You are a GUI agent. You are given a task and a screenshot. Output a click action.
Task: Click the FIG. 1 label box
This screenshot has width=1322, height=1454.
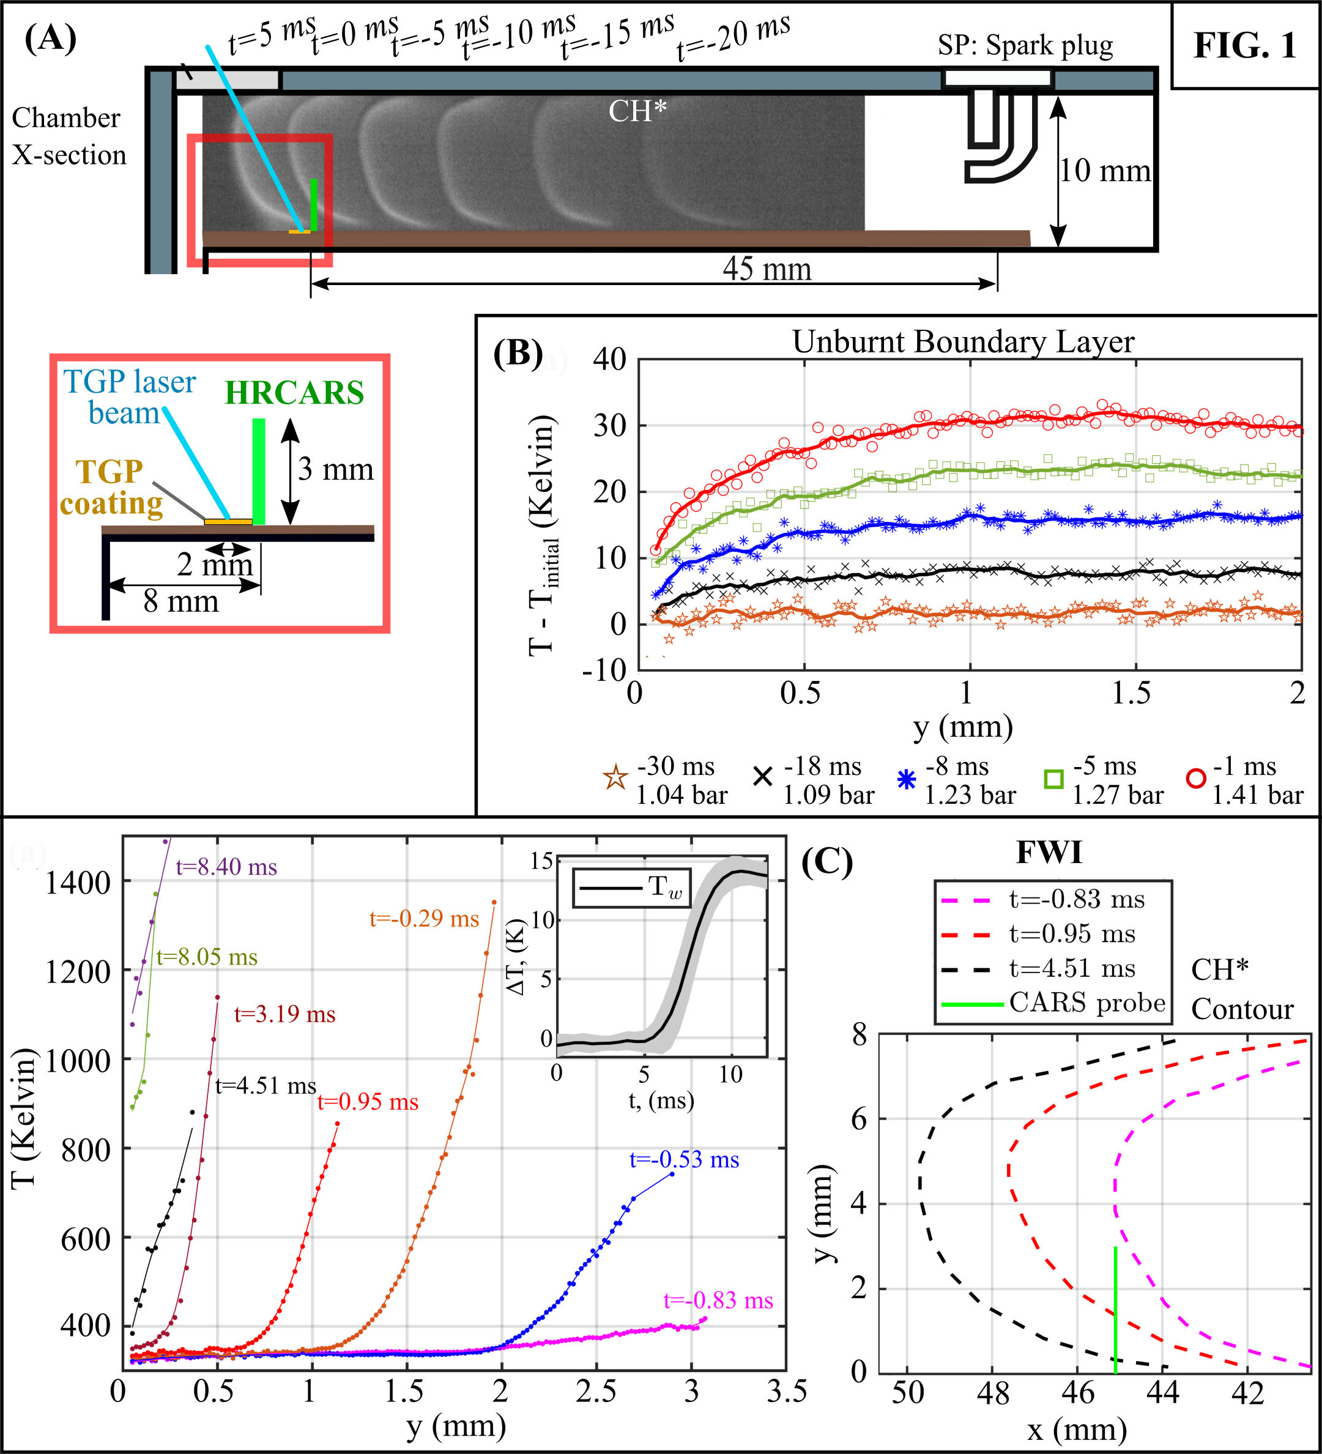[x=1245, y=45]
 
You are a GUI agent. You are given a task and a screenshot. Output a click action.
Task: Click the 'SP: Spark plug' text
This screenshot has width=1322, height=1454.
[x=1025, y=45]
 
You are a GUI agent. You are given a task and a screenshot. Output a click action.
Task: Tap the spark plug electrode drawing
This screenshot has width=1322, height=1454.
[x=998, y=133]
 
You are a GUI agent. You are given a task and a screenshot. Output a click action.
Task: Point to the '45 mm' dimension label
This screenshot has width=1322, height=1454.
[x=767, y=269]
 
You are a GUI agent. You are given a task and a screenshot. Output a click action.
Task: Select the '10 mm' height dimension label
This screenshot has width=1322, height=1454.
[x=1104, y=171]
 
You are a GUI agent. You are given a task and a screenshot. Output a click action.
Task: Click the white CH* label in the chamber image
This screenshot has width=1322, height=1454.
[x=637, y=111]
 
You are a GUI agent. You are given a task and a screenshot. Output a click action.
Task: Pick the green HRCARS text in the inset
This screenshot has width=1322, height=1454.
[x=294, y=393]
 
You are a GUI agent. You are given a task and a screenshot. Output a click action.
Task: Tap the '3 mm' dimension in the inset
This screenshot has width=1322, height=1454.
[x=336, y=470]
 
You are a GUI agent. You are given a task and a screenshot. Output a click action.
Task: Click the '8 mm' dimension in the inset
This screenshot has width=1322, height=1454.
[x=180, y=601]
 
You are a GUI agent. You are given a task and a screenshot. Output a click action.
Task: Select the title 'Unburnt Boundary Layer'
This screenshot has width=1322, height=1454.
[x=963, y=342]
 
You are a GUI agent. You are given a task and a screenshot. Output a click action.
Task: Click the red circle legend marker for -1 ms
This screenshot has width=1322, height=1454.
[x=1196, y=779]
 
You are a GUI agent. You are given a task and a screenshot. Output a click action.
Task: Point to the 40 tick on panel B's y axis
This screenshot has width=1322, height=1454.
[x=609, y=358]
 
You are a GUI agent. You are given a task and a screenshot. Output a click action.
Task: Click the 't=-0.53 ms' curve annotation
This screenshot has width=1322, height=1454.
[x=684, y=1159]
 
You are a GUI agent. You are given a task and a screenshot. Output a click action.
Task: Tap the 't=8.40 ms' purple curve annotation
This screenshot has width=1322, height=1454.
[x=226, y=866]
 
